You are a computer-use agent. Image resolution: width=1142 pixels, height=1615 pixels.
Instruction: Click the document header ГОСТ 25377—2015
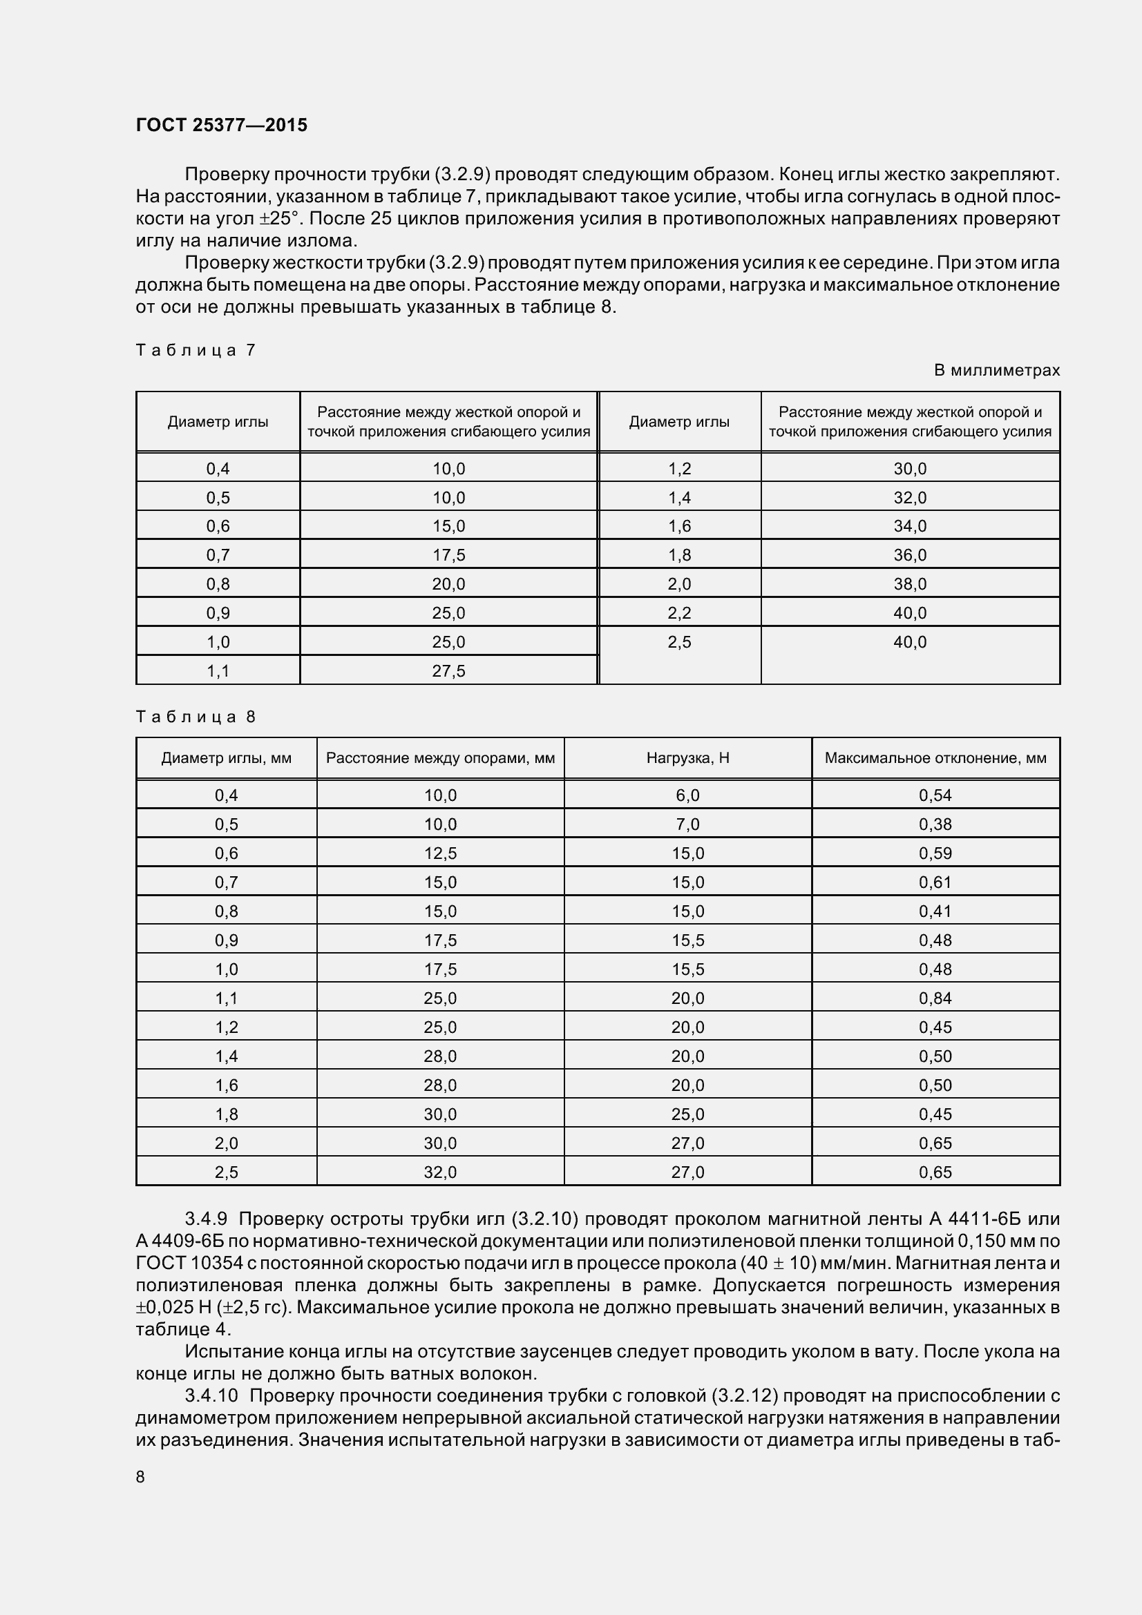[x=222, y=125]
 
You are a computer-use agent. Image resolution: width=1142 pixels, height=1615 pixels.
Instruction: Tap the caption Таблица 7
[x=196, y=349]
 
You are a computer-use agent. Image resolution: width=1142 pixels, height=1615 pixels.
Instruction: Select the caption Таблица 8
[x=196, y=717]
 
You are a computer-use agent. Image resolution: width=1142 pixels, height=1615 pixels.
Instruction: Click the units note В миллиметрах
[x=996, y=370]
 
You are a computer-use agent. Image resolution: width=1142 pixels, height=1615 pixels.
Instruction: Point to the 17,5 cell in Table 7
[x=448, y=555]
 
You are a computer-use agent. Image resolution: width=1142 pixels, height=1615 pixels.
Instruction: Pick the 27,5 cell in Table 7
[x=448, y=671]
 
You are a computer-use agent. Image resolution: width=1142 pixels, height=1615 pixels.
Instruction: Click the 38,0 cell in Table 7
[x=910, y=584]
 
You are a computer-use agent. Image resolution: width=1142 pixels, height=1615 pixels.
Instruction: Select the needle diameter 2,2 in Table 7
[x=679, y=612]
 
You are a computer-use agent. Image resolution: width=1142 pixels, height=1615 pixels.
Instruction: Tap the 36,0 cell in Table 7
[x=910, y=555]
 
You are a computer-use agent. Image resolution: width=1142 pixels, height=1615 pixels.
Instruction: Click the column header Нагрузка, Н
[x=687, y=758]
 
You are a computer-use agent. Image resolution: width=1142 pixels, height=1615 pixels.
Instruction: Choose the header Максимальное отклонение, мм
[x=935, y=758]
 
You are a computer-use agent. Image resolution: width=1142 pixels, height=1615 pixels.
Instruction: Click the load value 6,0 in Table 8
[x=687, y=795]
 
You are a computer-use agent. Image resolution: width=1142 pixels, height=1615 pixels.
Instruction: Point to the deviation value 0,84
[x=935, y=998]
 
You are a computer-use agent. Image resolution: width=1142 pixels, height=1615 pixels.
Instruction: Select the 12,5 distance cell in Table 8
[x=441, y=853]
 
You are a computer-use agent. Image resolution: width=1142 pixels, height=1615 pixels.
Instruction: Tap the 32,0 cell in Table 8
[x=441, y=1172]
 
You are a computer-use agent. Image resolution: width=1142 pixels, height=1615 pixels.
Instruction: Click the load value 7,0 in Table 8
[x=687, y=824]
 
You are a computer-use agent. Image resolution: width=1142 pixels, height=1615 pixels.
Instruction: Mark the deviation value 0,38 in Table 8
[x=935, y=824]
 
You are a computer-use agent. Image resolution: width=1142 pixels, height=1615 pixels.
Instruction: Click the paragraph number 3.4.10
[x=212, y=1395]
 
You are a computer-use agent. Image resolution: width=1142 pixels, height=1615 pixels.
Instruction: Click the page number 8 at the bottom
[x=140, y=1477]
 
